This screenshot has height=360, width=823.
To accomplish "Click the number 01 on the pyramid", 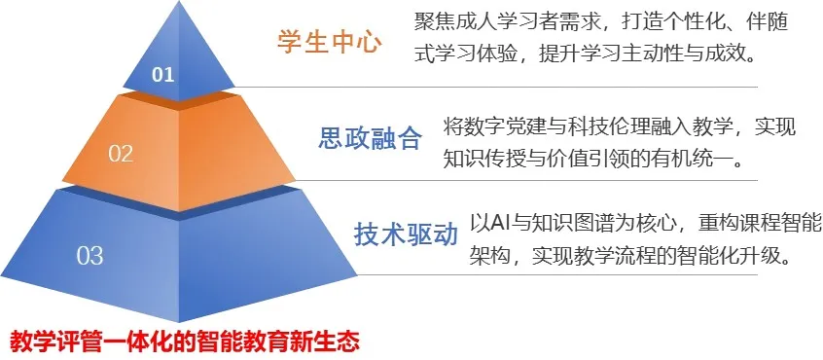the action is pos(162,75).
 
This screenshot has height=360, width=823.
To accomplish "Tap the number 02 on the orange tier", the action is pos(121,154).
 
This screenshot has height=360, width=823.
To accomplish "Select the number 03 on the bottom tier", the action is pos(89,256).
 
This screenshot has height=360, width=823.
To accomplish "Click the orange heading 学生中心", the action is pos(329,43).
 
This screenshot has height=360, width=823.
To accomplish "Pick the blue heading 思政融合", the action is pos(370,138).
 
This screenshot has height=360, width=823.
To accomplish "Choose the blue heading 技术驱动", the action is pos(406,234).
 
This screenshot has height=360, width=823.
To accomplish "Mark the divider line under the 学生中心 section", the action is pos(496,88).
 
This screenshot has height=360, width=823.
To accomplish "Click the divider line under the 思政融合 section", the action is pos(526,181).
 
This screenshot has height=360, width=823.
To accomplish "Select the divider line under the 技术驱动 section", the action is pos(557,274).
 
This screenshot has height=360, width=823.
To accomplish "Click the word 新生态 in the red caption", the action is pos(331,341).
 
